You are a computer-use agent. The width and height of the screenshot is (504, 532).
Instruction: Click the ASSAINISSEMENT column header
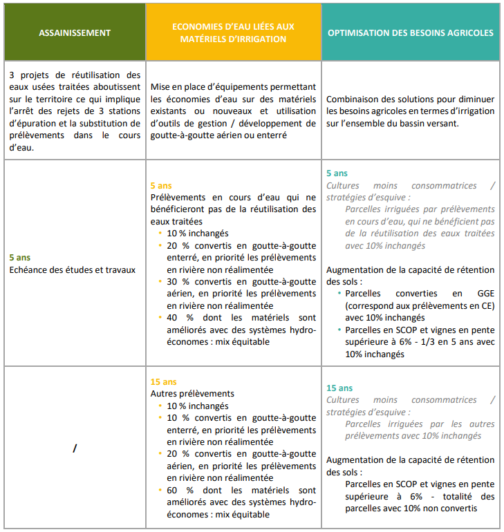pyautogui.click(x=75, y=32)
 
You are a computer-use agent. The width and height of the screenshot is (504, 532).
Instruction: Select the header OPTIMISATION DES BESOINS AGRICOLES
pyautogui.click(x=410, y=32)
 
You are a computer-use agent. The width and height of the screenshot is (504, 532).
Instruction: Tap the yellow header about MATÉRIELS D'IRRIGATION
pyautogui.click(x=233, y=32)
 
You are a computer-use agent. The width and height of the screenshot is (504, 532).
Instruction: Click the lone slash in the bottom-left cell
pyautogui.click(x=74, y=448)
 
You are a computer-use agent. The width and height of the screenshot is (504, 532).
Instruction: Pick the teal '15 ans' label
pyautogui.click(x=339, y=388)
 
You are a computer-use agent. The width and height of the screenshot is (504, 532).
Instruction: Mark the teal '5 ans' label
pyautogui.click(x=337, y=173)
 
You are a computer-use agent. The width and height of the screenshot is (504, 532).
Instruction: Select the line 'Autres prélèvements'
pyautogui.click(x=192, y=394)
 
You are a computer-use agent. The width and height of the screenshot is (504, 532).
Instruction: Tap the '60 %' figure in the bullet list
pyautogui.click(x=177, y=490)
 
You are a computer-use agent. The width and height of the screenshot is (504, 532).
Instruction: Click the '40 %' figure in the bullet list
pyautogui.click(x=177, y=318)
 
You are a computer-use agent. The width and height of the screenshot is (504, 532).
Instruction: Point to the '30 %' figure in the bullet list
pyautogui.click(x=177, y=281)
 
